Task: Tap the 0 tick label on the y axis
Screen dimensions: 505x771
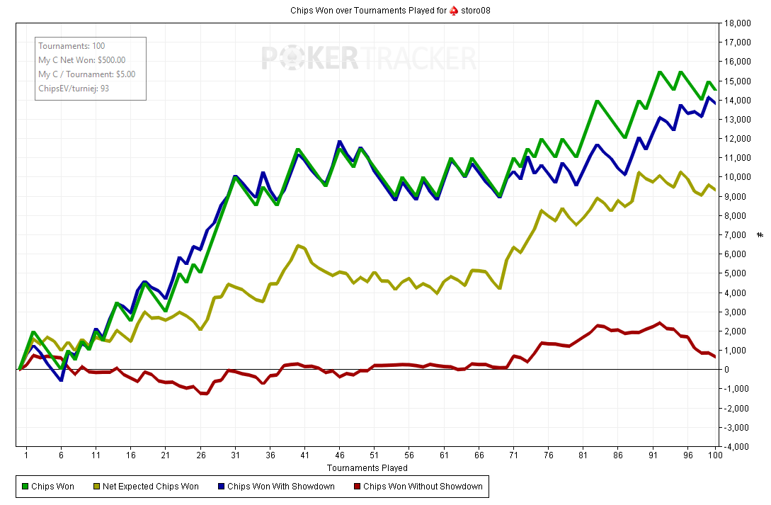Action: tap(729, 370)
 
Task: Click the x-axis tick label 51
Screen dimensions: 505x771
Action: tap(374, 455)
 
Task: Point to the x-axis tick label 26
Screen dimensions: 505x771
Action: tap(200, 455)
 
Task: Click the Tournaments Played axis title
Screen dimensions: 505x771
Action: tap(367, 467)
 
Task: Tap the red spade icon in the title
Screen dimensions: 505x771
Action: tap(453, 11)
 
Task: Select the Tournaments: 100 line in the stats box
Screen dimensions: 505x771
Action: tap(72, 46)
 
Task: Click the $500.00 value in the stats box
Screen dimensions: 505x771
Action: tap(111, 60)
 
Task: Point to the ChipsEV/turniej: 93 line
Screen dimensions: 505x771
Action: tap(74, 89)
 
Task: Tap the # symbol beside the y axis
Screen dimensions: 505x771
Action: tap(760, 234)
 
